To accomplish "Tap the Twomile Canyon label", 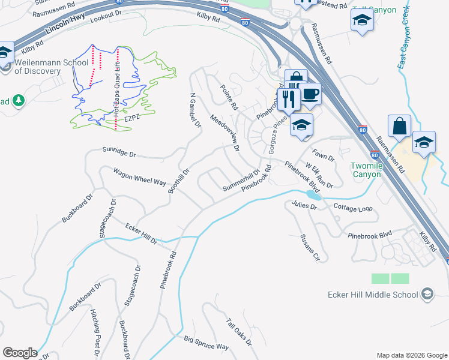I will pyautogui.click(x=366, y=170).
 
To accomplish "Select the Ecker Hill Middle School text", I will pyautogui.click(x=373, y=295).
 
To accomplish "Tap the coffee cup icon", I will pyautogui.click(x=310, y=94).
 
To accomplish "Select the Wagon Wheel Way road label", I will pyautogui.click(x=139, y=177).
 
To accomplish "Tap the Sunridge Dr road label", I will pyautogui.click(x=119, y=152).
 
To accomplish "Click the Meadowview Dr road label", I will pyautogui.click(x=225, y=133).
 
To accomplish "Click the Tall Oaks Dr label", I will pyautogui.click(x=240, y=332).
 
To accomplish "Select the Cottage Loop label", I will pyautogui.click(x=352, y=208).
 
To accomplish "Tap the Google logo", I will pyautogui.click(x=20, y=353).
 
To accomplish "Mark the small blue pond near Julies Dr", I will pyautogui.click(x=313, y=195).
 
